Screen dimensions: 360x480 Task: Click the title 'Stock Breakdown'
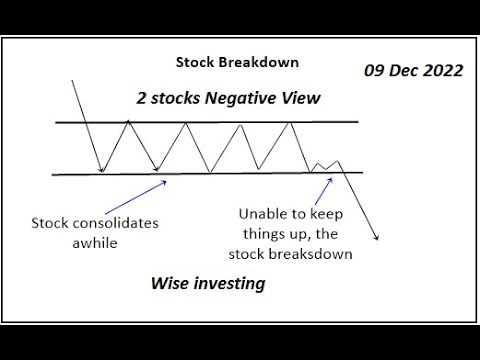(237, 62)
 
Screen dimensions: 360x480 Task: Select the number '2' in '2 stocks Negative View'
(142, 99)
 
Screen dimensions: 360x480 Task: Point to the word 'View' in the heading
(300, 99)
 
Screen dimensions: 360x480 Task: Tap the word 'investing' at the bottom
(233, 284)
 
